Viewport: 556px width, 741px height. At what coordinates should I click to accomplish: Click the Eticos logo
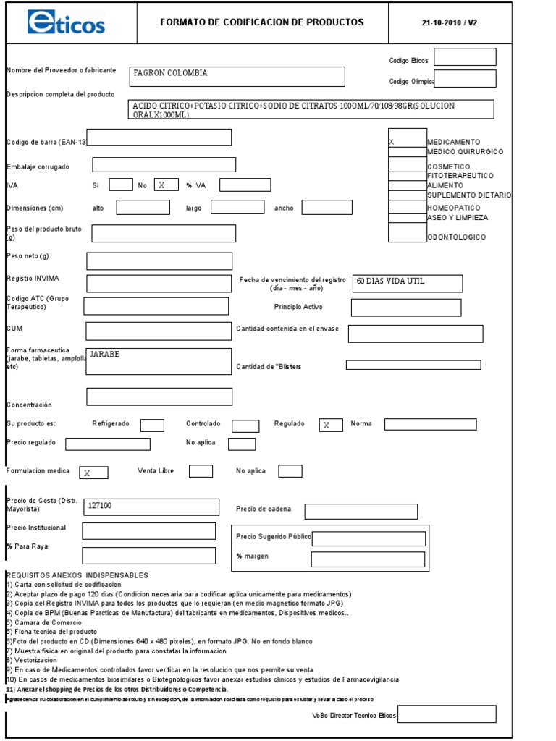coord(66,22)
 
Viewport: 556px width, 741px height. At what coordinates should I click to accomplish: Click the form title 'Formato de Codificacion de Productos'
coord(261,22)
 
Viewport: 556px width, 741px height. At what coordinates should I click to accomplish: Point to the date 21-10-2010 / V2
coord(449,22)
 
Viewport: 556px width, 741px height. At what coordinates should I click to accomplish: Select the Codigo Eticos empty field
coord(465,57)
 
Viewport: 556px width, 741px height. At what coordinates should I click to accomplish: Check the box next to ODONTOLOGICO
coord(407,232)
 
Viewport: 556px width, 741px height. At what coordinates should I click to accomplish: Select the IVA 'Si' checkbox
coord(120,185)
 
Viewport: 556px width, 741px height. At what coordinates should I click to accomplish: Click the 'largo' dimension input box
coord(237,208)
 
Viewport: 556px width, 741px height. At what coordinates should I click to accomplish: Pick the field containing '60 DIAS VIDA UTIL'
coord(408,283)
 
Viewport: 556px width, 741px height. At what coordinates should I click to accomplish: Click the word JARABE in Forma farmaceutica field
coord(105,355)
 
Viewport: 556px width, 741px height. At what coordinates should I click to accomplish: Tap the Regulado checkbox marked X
coord(330,425)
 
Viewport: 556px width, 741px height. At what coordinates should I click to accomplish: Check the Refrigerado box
coord(152,425)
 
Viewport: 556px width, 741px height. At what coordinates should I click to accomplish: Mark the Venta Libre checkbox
coord(201,471)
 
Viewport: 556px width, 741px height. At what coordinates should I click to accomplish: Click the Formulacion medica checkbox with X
coord(93,473)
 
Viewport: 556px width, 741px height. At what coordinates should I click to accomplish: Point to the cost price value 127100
coord(100,506)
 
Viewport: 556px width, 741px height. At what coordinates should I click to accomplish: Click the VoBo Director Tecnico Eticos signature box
coord(447,714)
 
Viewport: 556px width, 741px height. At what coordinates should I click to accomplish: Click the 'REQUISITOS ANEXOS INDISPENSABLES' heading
coord(77,575)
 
